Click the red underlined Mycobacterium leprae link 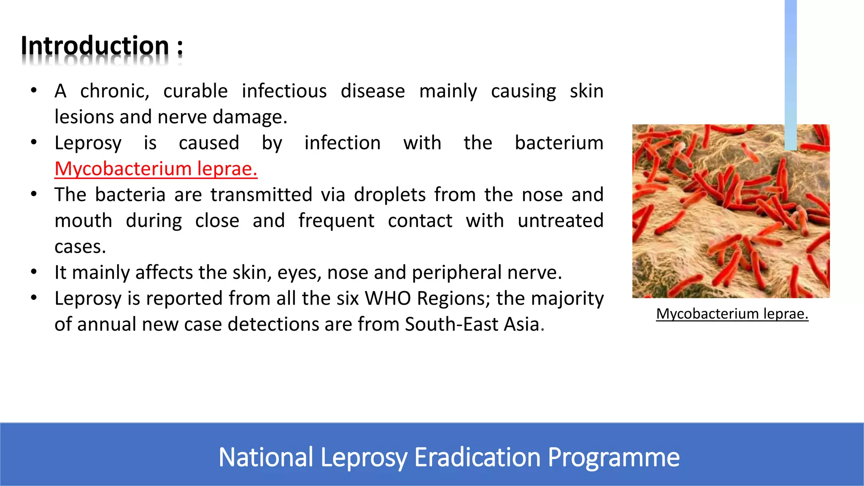[156, 169]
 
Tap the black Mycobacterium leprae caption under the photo [732, 314]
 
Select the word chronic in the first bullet [114, 92]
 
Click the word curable [195, 92]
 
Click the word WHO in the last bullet [387, 299]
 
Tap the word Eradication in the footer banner [477, 457]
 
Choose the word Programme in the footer [613, 457]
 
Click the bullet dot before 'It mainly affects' [34, 272]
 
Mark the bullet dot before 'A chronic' [34, 90]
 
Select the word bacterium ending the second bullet [559, 143]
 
